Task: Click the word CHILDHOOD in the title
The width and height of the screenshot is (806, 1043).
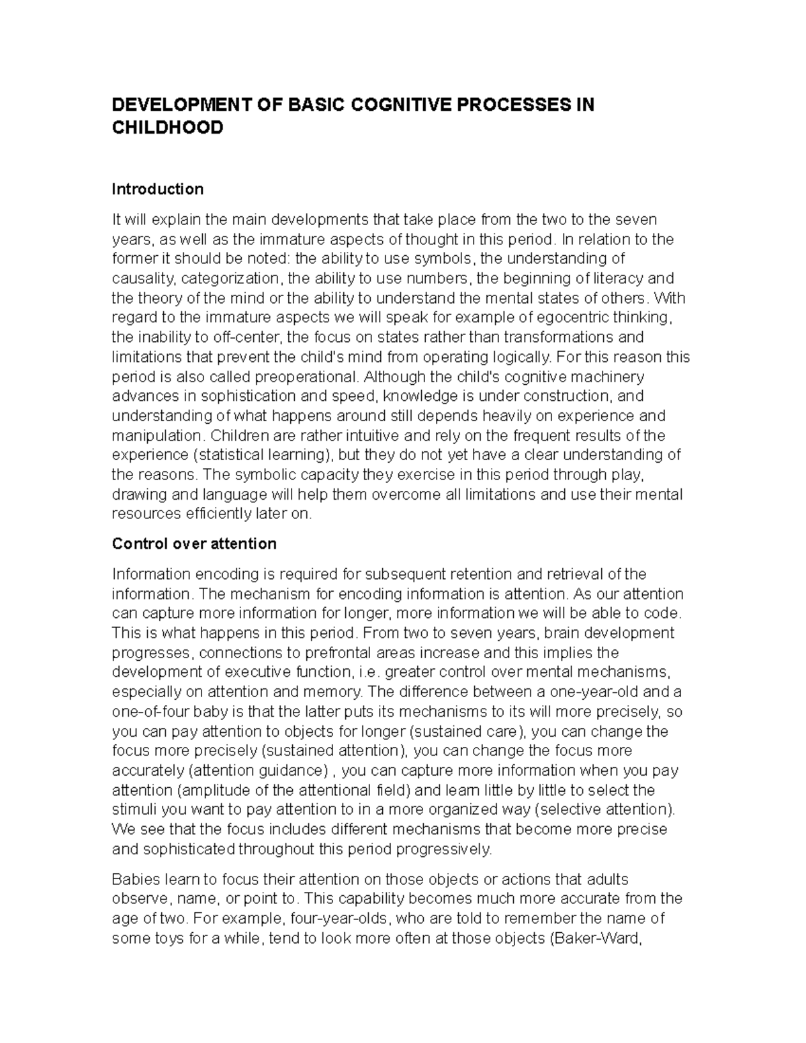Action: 167,128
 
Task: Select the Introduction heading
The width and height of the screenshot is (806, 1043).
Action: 157,189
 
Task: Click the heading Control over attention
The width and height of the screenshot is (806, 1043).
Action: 194,543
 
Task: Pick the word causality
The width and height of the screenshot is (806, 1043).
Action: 142,278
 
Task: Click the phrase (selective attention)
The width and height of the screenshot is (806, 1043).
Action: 605,809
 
